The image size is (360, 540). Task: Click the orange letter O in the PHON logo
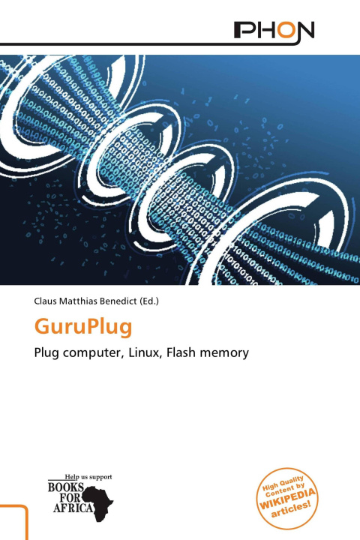click(286, 30)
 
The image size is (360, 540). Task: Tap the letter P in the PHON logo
click(243, 30)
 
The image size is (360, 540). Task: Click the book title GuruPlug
click(83, 328)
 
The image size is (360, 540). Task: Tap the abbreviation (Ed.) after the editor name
click(149, 301)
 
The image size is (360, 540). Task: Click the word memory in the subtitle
click(224, 353)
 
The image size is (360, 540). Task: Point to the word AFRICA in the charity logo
click(73, 508)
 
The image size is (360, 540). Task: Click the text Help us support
click(88, 477)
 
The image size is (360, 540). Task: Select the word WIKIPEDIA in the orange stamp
click(287, 498)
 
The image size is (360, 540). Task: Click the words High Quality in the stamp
click(283, 484)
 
